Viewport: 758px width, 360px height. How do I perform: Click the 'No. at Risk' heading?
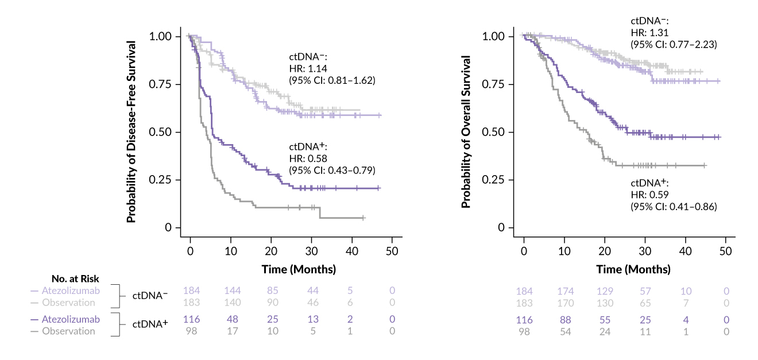click(75, 279)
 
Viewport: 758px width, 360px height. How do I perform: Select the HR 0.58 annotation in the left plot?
click(310, 158)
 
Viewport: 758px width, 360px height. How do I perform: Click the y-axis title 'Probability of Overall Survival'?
click(466, 131)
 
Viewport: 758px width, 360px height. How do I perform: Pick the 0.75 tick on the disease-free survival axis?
click(160, 84)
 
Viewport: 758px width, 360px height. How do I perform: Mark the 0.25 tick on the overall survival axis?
click(494, 180)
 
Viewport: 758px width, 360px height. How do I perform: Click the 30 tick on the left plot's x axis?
click(311, 253)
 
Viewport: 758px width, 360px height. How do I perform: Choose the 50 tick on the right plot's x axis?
click(726, 253)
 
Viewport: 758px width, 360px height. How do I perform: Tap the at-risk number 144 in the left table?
click(231, 291)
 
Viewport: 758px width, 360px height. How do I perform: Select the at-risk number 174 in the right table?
click(565, 291)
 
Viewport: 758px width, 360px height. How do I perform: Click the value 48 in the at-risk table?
click(231, 319)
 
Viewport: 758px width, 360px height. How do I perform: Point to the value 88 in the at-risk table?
click(565, 319)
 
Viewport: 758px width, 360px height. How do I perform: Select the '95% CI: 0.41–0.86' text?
click(674, 206)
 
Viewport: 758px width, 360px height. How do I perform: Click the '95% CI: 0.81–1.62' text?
click(332, 80)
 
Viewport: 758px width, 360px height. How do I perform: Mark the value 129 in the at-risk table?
click(606, 291)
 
